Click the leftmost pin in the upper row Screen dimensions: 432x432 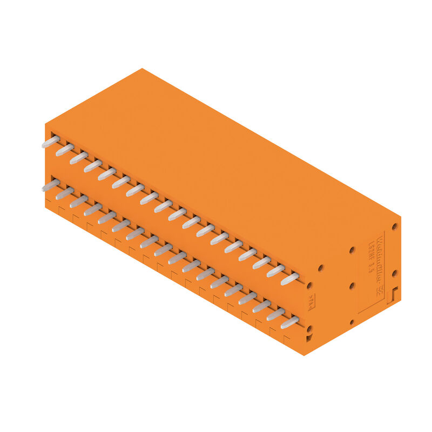pos(51,142)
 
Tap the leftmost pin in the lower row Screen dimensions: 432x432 pos(51,186)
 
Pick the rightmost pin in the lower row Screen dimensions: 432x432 pos(289,322)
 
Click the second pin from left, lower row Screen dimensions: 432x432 pos(65,193)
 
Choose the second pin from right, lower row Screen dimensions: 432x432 pos(275,314)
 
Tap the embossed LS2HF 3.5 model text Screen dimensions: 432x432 pos(372,259)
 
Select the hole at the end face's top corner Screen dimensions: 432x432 pos(395,227)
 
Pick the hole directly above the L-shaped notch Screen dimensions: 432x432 pos(395,273)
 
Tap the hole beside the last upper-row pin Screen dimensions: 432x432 pos(309,285)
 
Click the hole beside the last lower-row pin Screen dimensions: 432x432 pos(309,328)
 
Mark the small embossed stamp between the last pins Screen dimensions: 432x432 pos(310,306)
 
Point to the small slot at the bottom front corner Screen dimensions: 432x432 pos(309,338)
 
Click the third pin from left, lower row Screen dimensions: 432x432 pos(79,201)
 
